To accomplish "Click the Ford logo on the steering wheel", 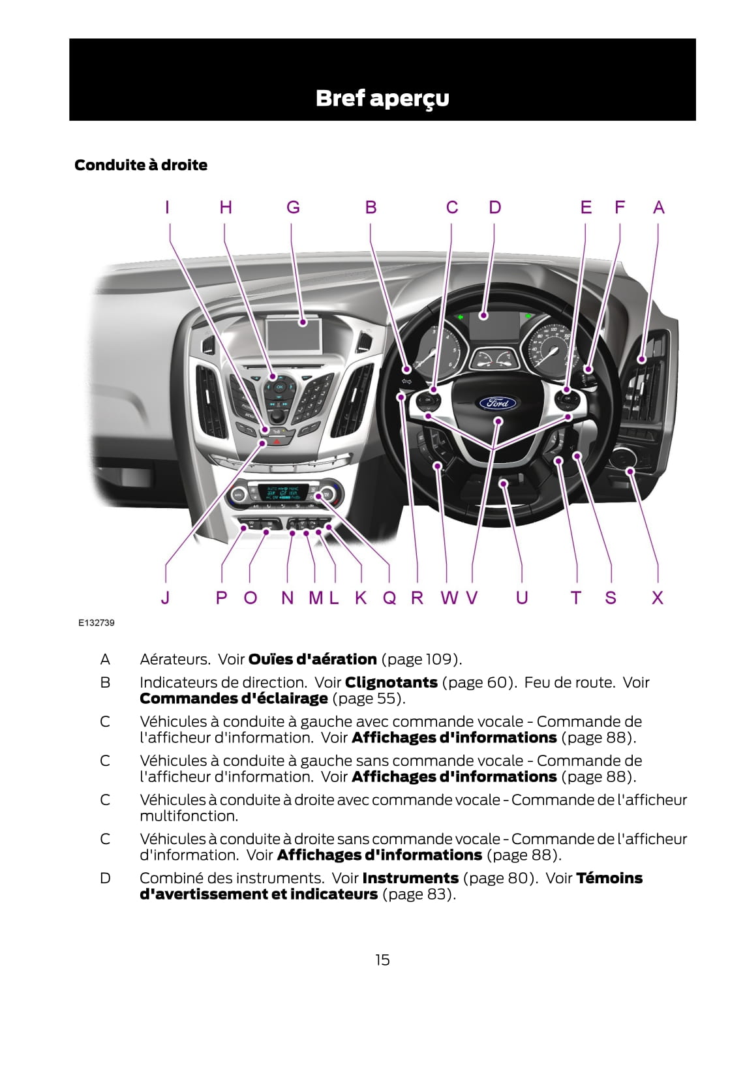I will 498,403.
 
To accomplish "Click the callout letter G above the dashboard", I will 294,207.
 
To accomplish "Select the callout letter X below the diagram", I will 658,598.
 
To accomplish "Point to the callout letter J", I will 165,598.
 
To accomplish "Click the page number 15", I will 382,960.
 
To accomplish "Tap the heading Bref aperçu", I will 382,98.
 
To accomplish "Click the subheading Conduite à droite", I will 141,165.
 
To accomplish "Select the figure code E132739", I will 97,623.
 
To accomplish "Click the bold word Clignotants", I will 391,682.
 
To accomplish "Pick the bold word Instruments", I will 410,878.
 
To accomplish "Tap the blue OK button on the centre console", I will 279,387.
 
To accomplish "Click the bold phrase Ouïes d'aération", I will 312,659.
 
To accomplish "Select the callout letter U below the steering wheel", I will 522,598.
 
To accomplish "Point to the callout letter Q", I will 389,598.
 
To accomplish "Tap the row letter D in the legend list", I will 105,878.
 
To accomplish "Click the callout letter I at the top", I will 168,207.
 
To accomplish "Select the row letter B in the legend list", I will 105,682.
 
